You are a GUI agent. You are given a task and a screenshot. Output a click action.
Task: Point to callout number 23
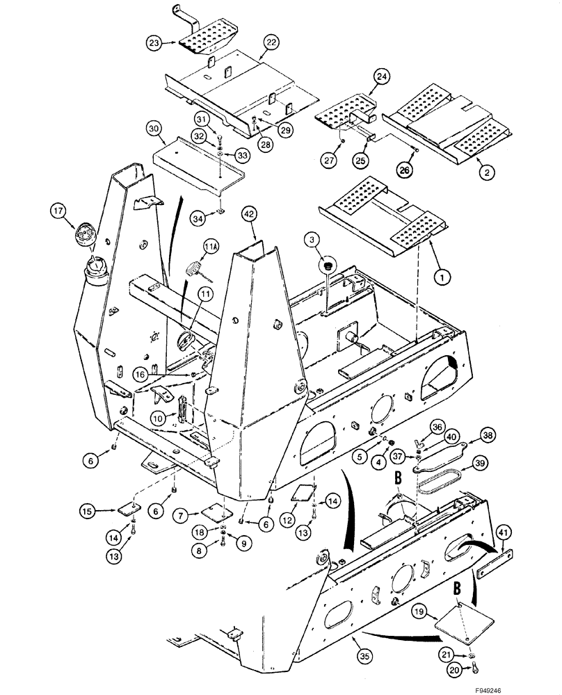coord(154,43)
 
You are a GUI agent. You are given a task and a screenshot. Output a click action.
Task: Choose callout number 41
coord(505,534)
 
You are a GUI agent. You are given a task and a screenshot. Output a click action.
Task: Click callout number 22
coord(271,43)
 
